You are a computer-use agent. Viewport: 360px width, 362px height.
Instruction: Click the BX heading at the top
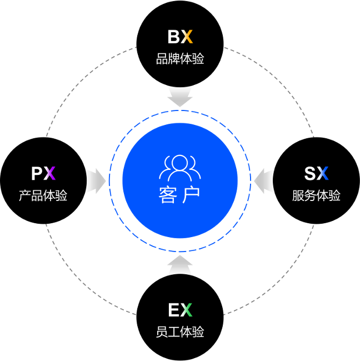coord(180,37)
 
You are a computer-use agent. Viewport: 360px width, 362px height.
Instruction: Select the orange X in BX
coord(187,37)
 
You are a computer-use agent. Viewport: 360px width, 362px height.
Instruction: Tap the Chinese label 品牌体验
coord(180,58)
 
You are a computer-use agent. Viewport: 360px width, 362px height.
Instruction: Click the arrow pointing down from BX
coord(180,96)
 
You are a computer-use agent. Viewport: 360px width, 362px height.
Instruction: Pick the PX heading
coord(43,174)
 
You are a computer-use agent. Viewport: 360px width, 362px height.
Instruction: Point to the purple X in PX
coord(50,174)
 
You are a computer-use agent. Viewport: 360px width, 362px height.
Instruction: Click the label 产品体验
coord(43,195)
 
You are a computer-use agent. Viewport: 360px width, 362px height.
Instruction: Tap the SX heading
coord(316,174)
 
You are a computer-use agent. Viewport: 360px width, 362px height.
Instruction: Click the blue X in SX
coord(323,174)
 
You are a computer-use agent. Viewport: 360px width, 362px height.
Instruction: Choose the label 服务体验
coord(316,195)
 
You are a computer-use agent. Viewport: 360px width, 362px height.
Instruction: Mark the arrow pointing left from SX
coord(265,181)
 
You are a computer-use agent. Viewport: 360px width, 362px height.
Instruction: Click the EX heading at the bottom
coord(180,310)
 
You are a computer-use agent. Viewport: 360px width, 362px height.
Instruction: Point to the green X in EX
coord(186,310)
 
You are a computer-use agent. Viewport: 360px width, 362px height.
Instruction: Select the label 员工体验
coord(180,332)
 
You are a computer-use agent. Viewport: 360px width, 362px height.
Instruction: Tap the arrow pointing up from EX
coord(180,266)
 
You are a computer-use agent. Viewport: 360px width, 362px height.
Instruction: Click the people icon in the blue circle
coord(180,167)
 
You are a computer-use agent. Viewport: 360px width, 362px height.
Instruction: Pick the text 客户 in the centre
coord(179,195)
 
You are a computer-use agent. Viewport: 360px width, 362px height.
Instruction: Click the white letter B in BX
coord(174,37)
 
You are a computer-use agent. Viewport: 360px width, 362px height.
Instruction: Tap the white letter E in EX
coord(174,310)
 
